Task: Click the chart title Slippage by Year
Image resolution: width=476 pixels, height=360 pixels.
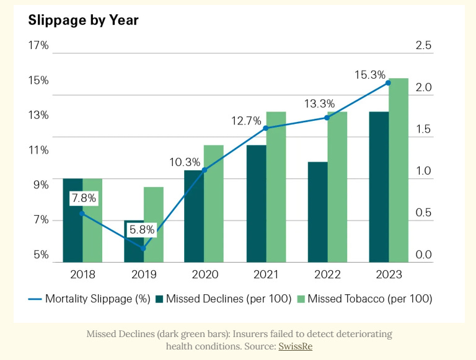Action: click(x=83, y=20)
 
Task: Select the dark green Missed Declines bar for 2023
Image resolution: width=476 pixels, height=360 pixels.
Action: click(x=378, y=186)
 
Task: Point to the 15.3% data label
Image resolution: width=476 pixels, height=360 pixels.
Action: click(x=370, y=74)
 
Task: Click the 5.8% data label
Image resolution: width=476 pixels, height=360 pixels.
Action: click(x=144, y=230)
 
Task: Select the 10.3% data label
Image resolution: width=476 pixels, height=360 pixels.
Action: click(x=185, y=162)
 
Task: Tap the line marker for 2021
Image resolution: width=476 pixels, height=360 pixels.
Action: click(x=266, y=128)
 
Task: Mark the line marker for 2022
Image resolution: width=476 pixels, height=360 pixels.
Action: click(x=327, y=117)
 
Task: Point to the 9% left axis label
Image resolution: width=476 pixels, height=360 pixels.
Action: click(x=41, y=185)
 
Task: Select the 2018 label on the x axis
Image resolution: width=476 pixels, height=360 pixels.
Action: click(x=82, y=274)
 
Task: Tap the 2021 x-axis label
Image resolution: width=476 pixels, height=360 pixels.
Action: click(x=266, y=274)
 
